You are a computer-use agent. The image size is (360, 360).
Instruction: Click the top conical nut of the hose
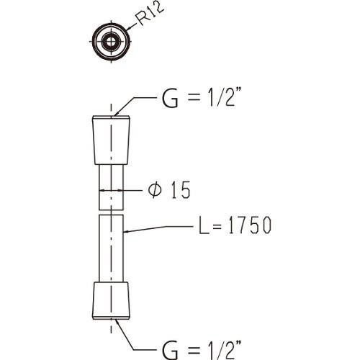[111, 140]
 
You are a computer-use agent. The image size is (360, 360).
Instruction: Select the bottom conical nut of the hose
[111, 300]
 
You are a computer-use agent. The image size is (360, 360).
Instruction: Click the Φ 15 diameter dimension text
[169, 190]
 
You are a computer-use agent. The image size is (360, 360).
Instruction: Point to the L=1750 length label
[235, 225]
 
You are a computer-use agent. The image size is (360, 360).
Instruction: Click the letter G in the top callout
[170, 99]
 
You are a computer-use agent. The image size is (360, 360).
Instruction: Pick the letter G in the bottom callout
[170, 351]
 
